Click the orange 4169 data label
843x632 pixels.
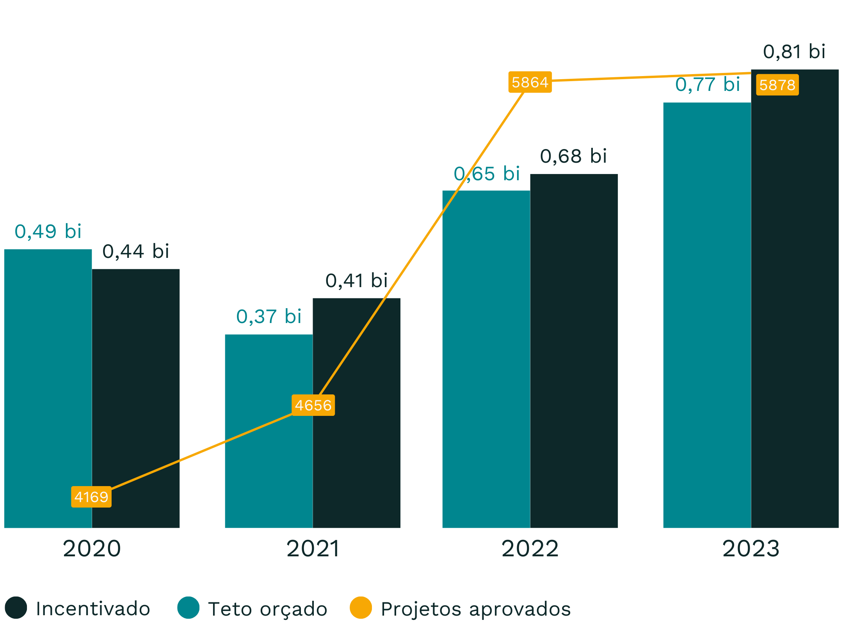coord(91,497)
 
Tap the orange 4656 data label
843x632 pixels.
coord(313,405)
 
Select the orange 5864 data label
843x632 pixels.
coord(530,82)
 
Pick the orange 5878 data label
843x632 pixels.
coord(777,85)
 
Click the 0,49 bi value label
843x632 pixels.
coord(48,231)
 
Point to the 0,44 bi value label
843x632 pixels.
coord(136,251)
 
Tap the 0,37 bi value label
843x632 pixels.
coord(269,316)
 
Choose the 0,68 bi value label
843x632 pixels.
coord(573,156)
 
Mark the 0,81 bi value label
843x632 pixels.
coord(794,51)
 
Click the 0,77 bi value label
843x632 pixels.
coord(708,84)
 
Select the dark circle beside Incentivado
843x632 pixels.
coord(16,607)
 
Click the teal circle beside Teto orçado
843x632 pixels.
coord(189,607)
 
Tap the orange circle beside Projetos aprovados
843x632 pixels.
coord(361,607)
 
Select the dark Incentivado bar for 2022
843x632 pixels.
coord(574,351)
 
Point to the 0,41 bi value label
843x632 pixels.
coord(356,280)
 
